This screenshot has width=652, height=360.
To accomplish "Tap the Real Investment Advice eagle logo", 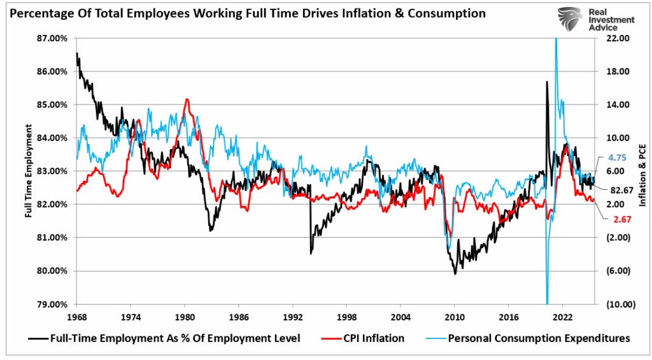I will pyautogui.click(x=569, y=20).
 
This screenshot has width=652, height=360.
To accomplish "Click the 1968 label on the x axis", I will pyautogui.click(x=76, y=316).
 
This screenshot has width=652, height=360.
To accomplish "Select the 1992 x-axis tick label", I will pyautogui.click(x=292, y=316).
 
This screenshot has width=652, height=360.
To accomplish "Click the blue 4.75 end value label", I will pyautogui.click(x=618, y=157).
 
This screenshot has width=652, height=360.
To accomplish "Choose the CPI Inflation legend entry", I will pyautogui.click(x=374, y=338).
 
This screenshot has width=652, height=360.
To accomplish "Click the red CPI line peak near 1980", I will pyautogui.click(x=187, y=99).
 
